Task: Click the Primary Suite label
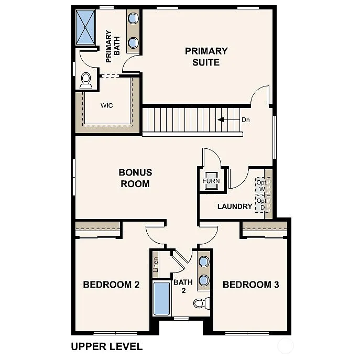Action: pyautogui.click(x=206, y=57)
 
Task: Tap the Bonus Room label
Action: pyautogui.click(x=135, y=178)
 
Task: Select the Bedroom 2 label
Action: pyautogui.click(x=111, y=285)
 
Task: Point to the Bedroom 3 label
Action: pyautogui.click(x=250, y=285)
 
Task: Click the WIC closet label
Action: pyautogui.click(x=106, y=105)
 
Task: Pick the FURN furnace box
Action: pyautogui.click(x=211, y=181)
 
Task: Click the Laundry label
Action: pyautogui.click(x=235, y=206)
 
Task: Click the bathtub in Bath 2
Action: pyautogui.click(x=161, y=299)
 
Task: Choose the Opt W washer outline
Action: pyautogui.click(x=261, y=186)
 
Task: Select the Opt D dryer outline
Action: pyautogui.click(x=261, y=204)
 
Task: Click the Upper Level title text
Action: pyautogui.click(x=106, y=346)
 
